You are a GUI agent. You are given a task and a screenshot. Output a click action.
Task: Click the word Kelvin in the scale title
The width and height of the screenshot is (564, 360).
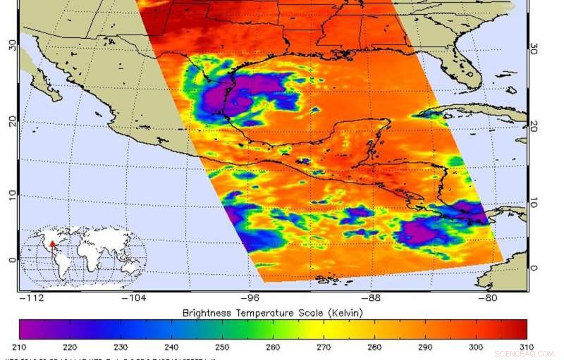(x=346, y=313)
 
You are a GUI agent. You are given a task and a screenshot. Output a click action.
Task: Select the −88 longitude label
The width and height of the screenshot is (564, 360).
(x=374, y=299)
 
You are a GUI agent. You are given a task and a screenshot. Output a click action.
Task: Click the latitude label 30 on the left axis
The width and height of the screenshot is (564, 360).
(x=11, y=44)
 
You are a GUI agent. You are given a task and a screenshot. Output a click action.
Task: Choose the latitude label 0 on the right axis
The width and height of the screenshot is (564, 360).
(x=534, y=268)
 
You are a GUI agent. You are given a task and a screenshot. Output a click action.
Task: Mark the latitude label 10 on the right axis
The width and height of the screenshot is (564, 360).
(x=534, y=202)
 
